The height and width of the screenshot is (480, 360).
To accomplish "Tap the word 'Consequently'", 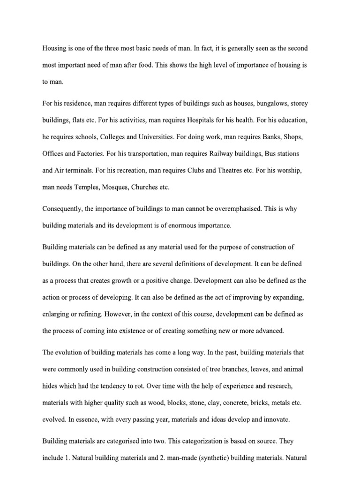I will [x=63, y=209].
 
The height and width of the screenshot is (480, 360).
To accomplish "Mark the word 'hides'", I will [x=50, y=386].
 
